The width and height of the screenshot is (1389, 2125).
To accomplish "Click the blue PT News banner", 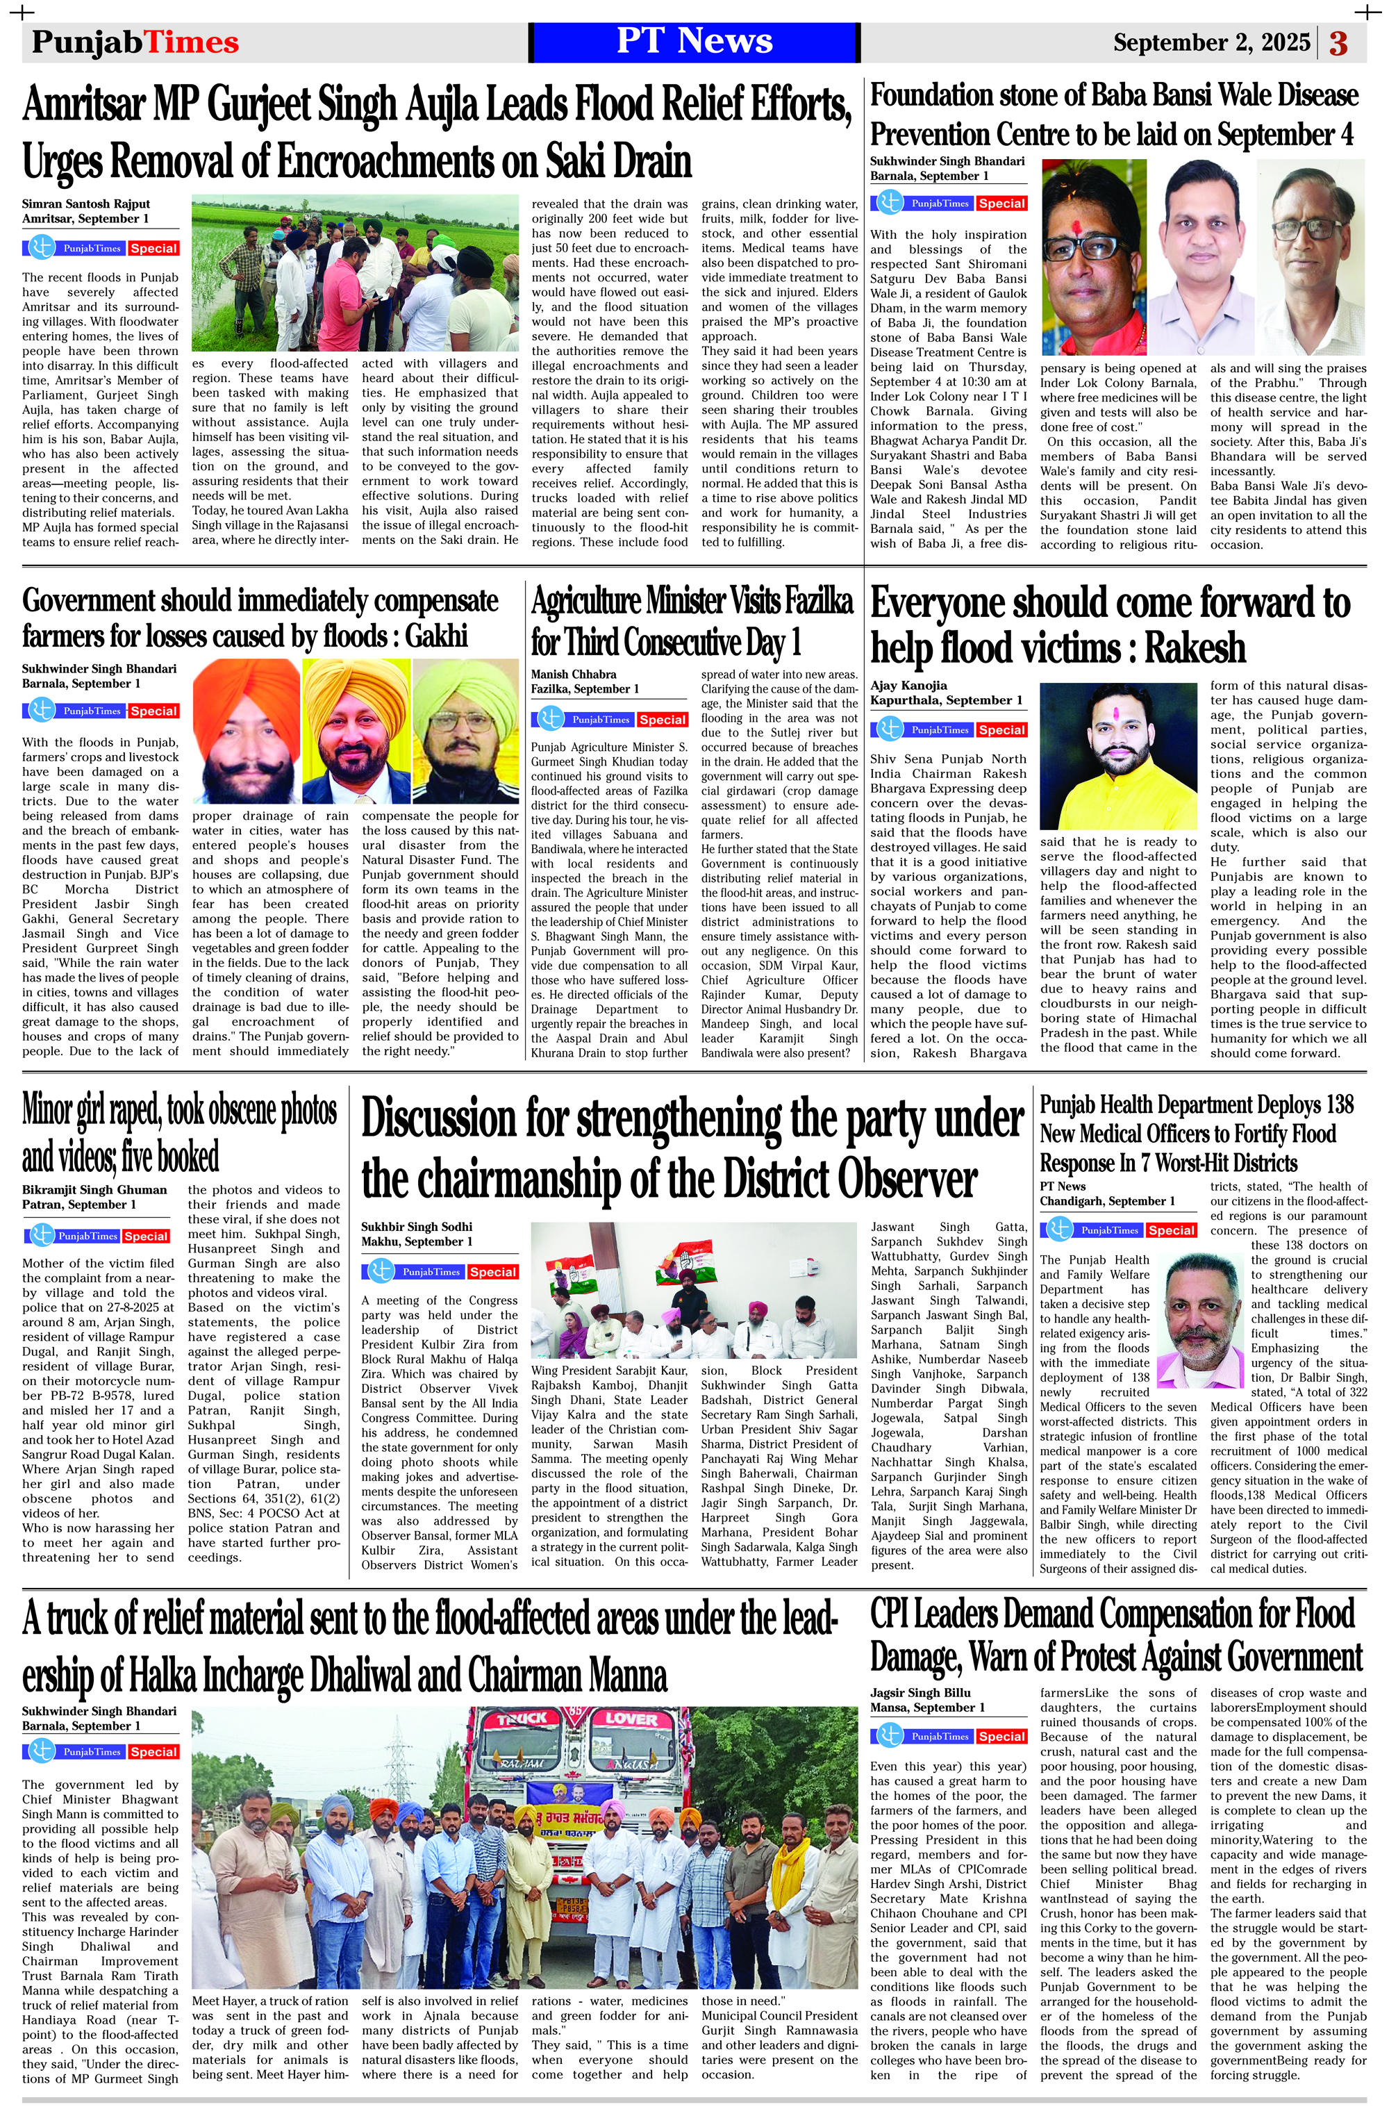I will coord(694,42).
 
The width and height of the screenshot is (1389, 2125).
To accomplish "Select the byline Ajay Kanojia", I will coord(908,685).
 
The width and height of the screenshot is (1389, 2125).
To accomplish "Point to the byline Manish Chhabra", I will coord(573,674).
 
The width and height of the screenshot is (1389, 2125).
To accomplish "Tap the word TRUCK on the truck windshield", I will coord(522,1719).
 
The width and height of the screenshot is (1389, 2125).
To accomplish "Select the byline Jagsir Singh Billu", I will coord(920,1692).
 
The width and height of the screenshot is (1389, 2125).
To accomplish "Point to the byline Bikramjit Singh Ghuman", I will coord(94,1189).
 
